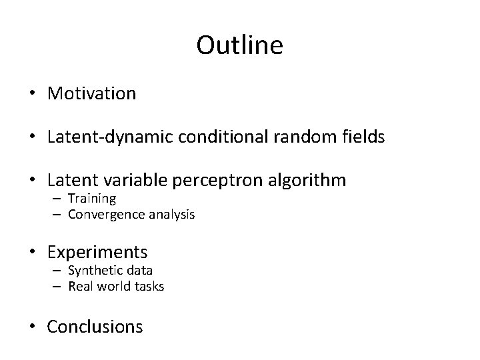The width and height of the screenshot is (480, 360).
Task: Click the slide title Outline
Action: (x=240, y=45)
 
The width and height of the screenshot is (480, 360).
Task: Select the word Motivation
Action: (x=91, y=93)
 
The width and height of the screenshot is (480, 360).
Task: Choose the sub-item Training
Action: (x=92, y=199)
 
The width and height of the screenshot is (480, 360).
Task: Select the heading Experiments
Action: (x=97, y=252)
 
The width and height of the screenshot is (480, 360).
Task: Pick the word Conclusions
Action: (x=95, y=327)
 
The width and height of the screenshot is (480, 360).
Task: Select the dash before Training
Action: (x=58, y=199)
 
